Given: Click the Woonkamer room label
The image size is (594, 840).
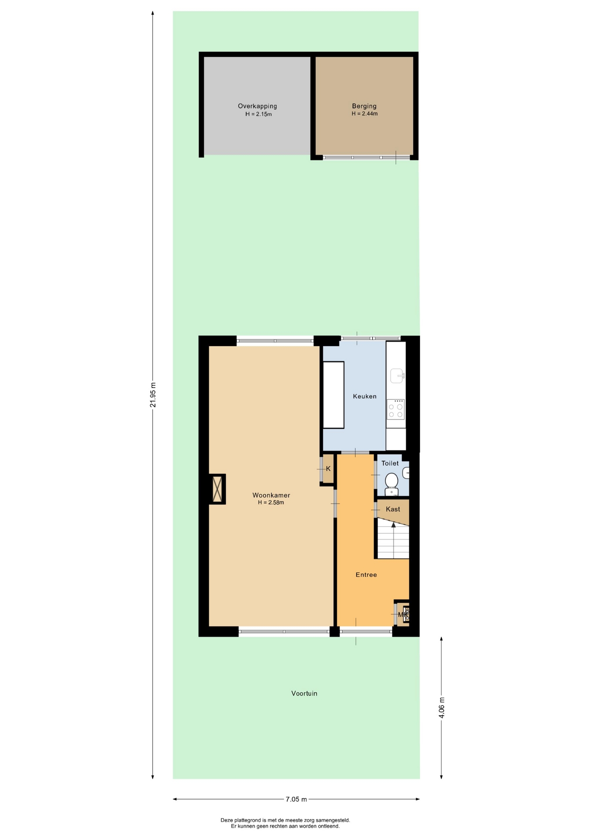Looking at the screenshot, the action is point(271,495).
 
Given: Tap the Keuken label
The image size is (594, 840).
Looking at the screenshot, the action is point(364,396).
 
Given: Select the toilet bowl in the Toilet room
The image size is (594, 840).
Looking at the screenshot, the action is point(391,484).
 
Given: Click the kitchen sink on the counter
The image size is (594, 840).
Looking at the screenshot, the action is point(397,376).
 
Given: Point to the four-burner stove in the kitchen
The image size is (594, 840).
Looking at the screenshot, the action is point(395,409).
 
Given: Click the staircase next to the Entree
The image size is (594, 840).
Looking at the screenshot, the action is point(393,539).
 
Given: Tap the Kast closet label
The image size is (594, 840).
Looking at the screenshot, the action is point(393,509).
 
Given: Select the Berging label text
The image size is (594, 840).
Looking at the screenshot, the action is point(364,106).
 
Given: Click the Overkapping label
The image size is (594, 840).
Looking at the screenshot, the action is point(257,106).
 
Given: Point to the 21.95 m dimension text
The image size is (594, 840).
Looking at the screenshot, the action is point(153,395).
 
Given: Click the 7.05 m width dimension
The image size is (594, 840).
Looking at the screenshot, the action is point(296,799).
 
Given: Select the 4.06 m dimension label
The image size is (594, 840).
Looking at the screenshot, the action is point(441,707).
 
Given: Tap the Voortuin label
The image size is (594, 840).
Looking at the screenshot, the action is point(304,693).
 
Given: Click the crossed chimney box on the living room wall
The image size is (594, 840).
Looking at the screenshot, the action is point(217,489).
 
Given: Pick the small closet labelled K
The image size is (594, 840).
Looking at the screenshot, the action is point(328,469).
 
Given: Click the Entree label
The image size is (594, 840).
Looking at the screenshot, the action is point(366,575).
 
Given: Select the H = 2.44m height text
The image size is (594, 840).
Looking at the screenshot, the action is point(364,114).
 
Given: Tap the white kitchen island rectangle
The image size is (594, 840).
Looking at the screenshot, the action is point(333,395).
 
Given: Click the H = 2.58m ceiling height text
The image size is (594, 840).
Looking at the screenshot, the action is point(271,503).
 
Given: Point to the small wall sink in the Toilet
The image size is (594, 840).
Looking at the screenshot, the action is point(406,472).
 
